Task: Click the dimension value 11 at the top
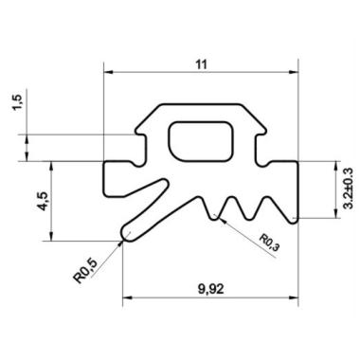tap(201, 64)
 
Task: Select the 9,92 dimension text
tap(211, 289)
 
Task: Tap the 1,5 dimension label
tap(18, 102)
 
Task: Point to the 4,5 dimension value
tap(44, 201)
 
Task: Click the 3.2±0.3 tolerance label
tap(349, 189)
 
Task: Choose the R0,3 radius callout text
tap(269, 243)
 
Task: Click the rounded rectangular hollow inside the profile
tap(201, 141)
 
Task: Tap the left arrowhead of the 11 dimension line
tap(109, 72)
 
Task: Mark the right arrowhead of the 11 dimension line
tap(294, 72)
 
